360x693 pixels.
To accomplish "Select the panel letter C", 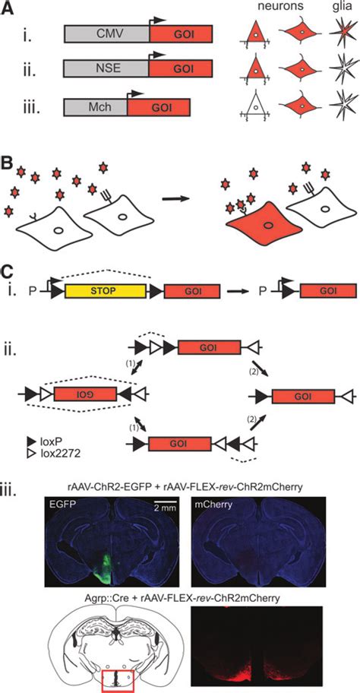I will pyautogui.click(x=8, y=268).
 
